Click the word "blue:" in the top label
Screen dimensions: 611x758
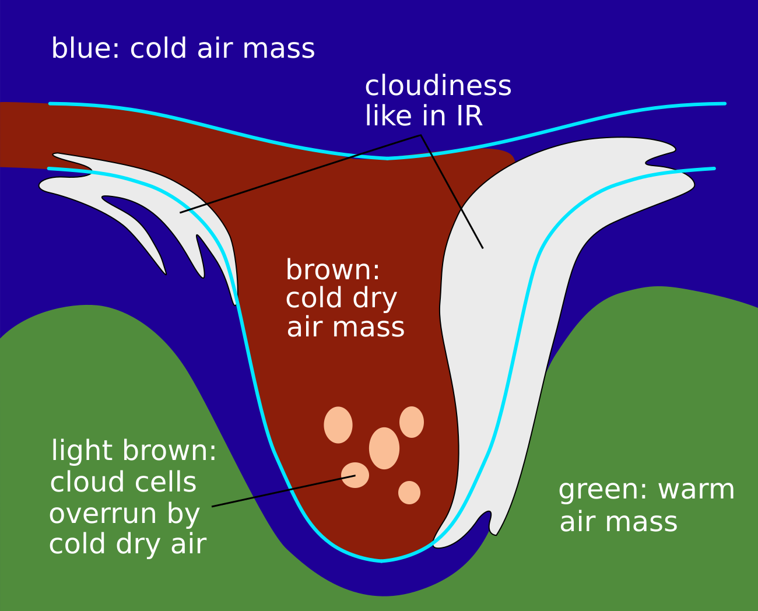(85, 48)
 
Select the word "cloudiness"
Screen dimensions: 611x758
(438, 86)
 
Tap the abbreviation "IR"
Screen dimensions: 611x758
(465, 116)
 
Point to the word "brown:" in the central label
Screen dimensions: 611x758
(333, 271)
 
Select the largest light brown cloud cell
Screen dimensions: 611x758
(384, 448)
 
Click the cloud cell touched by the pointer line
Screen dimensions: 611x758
(355, 475)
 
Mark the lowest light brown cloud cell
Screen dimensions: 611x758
(409, 493)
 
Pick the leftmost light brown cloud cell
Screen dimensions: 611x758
(338, 425)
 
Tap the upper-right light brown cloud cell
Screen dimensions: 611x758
(412, 422)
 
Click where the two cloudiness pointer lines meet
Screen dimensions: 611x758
(420, 136)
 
